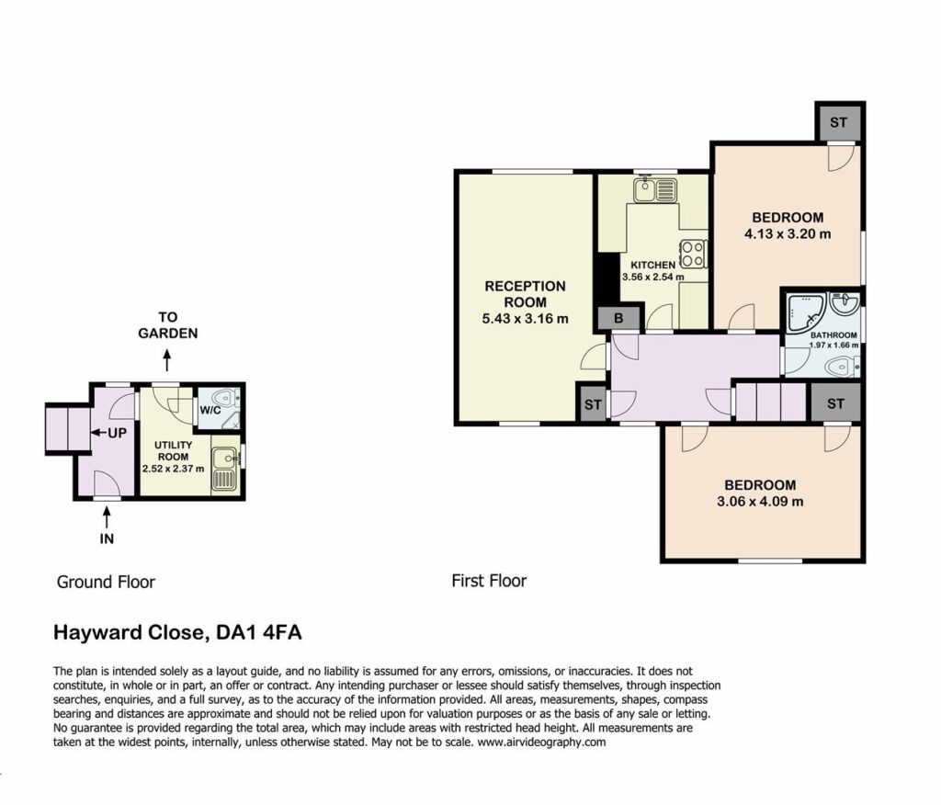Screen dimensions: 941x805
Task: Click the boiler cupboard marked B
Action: pyautogui.click(x=618, y=319)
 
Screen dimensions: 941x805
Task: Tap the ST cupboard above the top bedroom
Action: pyautogui.click(x=838, y=122)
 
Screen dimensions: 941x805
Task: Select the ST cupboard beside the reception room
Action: pyautogui.click(x=593, y=404)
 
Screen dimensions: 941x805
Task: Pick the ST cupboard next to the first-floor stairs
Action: pyautogui.click(x=834, y=403)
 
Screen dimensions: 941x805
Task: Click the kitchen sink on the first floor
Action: pyautogui.click(x=655, y=189)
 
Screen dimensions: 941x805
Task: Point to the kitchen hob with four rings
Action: pyautogui.click(x=693, y=254)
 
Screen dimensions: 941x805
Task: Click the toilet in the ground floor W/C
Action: pyautogui.click(x=227, y=396)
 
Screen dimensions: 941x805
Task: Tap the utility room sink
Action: pyautogui.click(x=225, y=469)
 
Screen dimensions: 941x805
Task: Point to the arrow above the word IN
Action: pyautogui.click(x=107, y=517)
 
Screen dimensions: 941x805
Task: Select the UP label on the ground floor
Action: pyautogui.click(x=117, y=432)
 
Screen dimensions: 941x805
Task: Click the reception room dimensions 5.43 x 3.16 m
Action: pyautogui.click(x=525, y=319)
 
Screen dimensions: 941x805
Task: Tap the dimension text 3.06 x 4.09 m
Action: pyautogui.click(x=760, y=501)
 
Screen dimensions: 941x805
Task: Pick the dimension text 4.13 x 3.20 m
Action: pyautogui.click(x=788, y=234)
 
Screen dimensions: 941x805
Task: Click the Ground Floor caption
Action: pyautogui.click(x=106, y=582)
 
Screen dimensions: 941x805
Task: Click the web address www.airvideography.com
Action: pyautogui.click(x=542, y=742)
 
